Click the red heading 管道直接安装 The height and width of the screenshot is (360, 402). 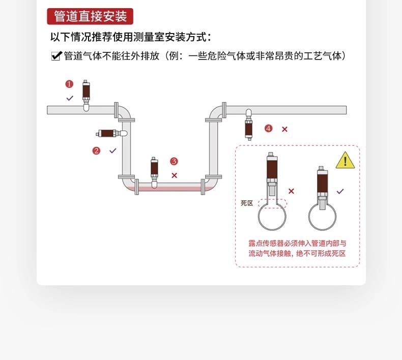tap(90, 16)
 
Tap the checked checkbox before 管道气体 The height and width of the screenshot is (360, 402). tap(56, 56)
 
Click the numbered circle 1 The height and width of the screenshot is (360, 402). tap(69, 84)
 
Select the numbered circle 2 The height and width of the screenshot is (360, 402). tap(96, 151)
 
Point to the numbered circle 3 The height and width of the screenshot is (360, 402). tap(174, 161)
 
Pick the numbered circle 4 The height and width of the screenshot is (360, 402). tap(268, 129)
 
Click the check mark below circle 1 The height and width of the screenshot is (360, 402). tap(70, 98)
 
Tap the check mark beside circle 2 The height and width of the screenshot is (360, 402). tap(113, 151)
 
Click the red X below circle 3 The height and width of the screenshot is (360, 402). tap(174, 175)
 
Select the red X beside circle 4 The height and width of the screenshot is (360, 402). tap(284, 129)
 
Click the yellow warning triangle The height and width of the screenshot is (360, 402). tap(345, 161)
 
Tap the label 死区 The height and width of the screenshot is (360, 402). tap(247, 203)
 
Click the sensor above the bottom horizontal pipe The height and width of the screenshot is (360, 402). tap(154, 170)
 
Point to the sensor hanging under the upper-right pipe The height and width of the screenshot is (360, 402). tap(248, 125)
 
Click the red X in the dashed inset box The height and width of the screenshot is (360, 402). tap(291, 191)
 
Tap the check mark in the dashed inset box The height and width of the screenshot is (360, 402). tap(340, 191)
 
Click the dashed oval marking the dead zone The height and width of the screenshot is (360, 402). tap(273, 203)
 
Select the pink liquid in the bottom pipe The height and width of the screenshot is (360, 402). tap(168, 189)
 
